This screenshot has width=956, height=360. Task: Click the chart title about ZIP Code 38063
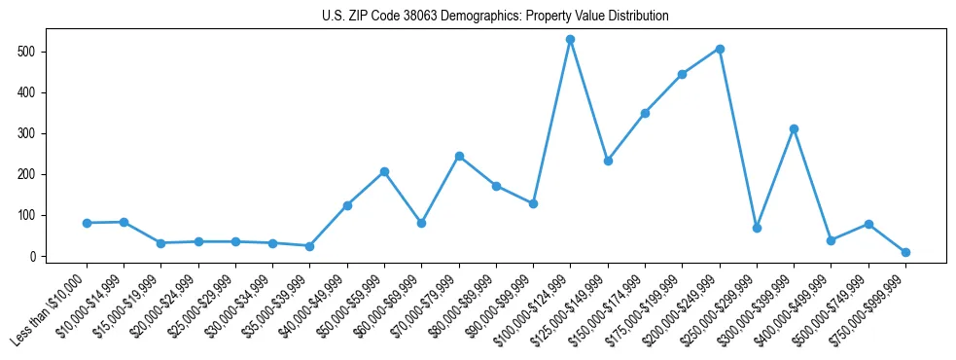495,17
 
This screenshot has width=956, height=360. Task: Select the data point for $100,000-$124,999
571,40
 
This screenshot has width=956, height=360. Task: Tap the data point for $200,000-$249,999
720,49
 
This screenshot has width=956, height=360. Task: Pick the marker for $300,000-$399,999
795,128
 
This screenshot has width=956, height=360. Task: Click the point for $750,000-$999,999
905,252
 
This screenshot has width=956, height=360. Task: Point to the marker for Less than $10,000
87,223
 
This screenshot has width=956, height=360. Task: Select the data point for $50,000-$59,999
385,171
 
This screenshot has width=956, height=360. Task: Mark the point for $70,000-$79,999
459,156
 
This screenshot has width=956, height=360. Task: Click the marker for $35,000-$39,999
310,246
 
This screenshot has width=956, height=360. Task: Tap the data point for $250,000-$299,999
757,228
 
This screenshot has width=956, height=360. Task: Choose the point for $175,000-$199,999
683,74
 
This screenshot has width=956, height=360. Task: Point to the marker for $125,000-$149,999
608,161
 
